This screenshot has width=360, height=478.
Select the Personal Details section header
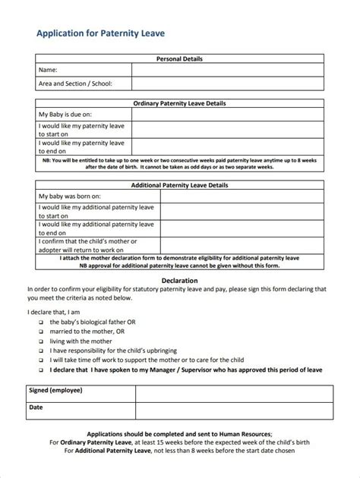(179, 58)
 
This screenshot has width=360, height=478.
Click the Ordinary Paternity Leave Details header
(179, 103)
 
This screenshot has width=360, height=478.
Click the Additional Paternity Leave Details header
(179, 184)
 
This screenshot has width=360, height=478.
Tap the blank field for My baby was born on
(240, 196)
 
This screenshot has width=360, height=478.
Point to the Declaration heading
(179, 281)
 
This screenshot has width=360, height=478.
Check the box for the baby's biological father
(40, 322)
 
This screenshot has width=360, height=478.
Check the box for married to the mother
(40, 332)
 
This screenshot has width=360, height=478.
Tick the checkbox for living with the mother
(40, 341)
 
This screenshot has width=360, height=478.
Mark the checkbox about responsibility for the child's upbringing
(40, 351)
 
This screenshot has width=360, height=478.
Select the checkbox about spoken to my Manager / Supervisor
(40, 371)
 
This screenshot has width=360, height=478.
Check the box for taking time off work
(40, 361)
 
